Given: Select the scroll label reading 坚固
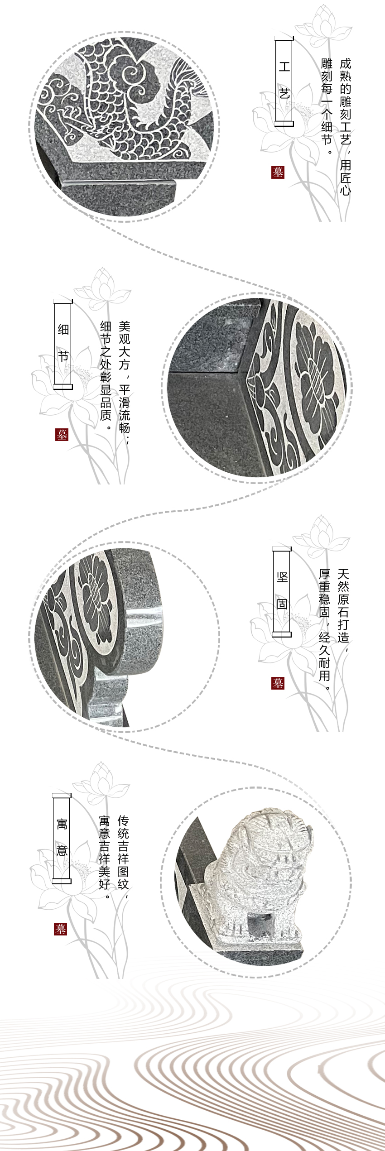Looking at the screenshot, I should click(x=282, y=590).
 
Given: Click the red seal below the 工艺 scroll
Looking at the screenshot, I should click(x=278, y=173).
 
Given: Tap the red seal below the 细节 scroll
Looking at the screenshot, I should click(x=62, y=435).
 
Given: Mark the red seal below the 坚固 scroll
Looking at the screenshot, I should click(x=278, y=683).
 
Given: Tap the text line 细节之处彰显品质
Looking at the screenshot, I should click(x=106, y=370).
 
